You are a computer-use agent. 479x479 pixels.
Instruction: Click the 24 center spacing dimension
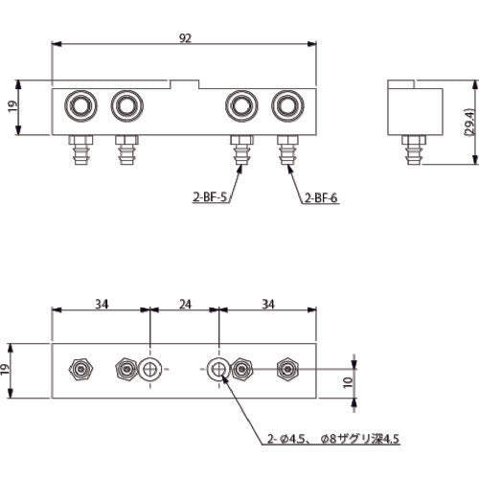click(185, 304)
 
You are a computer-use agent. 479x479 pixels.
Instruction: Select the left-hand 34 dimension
click(101, 304)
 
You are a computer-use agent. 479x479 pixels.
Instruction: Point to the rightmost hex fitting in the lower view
click(285, 369)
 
